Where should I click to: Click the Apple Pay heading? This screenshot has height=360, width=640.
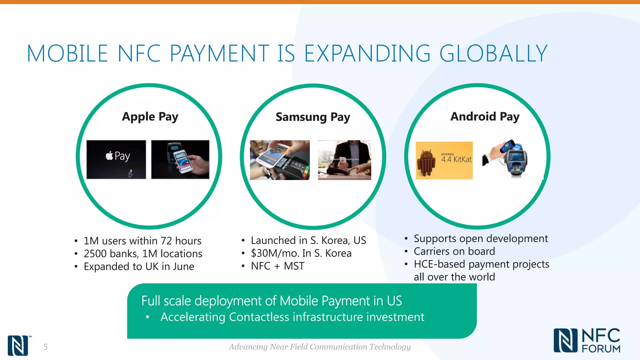pos(150,117)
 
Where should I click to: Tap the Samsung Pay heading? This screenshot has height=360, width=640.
pos(313,117)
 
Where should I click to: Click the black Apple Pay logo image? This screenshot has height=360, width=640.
pos(116,159)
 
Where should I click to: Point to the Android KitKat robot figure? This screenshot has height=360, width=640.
pos(426,162)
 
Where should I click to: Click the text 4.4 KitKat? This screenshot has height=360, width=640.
pos(456,159)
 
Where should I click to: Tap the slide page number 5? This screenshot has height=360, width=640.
pos(46,347)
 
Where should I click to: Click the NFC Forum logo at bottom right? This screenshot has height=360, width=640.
pos(587,341)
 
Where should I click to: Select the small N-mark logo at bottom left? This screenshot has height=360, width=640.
pos(18,346)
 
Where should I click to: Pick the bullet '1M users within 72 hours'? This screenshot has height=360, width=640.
pos(142,241)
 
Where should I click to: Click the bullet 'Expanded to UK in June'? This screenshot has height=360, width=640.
pos(139,267)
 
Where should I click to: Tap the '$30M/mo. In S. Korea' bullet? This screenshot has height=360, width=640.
pos(301,253)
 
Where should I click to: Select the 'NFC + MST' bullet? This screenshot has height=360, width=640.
pos(277,266)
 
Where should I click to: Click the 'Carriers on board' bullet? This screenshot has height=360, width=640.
pos(454,251)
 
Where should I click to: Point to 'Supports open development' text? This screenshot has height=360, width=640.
pos(481,238)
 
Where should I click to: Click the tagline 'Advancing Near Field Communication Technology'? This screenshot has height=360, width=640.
pos(320,347)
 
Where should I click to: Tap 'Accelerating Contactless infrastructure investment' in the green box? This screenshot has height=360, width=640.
pos(292,317)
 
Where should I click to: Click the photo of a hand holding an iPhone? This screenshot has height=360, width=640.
pos(180,159)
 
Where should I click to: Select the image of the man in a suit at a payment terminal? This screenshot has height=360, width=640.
pos(345,160)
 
